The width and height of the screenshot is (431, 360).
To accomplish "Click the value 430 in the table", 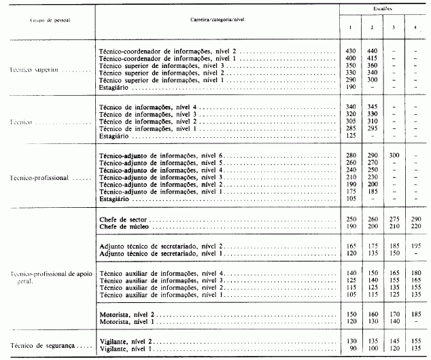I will [x=351, y=51].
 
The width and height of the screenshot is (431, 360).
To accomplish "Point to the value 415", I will [x=372, y=58].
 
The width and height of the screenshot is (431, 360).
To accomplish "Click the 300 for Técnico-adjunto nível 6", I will [x=394, y=156].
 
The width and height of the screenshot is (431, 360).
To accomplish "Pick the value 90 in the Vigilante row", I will [x=351, y=348].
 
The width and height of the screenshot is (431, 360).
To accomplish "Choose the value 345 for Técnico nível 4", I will [x=372, y=107].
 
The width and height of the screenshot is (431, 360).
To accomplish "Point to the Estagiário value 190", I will [x=351, y=86].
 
